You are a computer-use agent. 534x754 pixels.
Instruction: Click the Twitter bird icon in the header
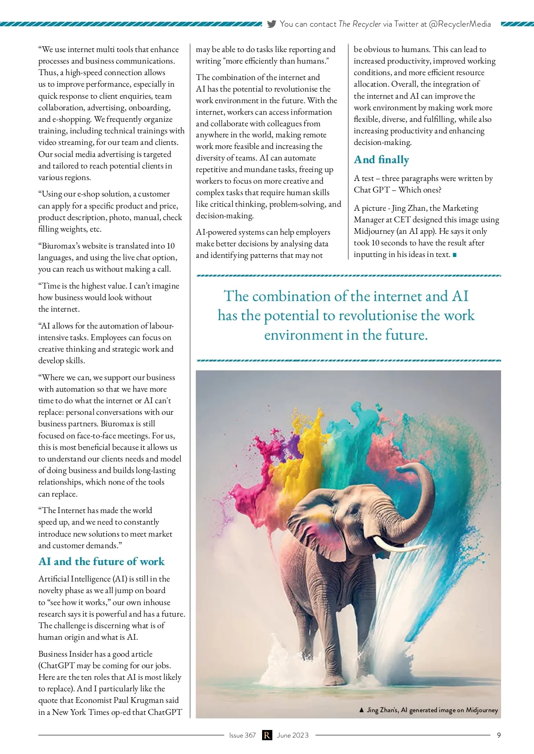271,24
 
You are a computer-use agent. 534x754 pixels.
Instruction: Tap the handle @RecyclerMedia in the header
460,24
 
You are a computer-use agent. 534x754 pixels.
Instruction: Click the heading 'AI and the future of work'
101,561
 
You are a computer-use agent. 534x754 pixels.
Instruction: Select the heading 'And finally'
381,160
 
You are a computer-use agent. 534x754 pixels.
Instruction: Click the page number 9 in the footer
499,735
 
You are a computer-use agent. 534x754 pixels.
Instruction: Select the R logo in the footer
267,735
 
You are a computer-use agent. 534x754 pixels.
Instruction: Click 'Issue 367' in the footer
243,735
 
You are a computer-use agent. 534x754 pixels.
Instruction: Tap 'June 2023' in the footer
293,735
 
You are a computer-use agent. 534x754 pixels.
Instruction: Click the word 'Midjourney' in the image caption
482,710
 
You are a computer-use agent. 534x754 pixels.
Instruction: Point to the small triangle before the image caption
361,710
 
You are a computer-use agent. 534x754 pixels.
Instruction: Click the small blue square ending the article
454,255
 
